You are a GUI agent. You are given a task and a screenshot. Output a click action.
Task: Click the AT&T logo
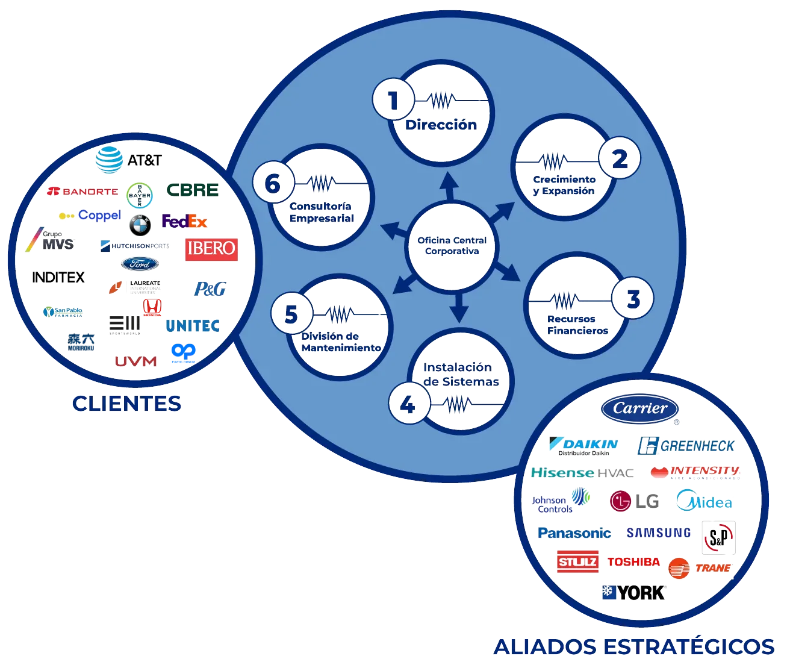click(x=128, y=160)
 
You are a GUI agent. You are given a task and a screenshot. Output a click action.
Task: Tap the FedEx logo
click(x=184, y=222)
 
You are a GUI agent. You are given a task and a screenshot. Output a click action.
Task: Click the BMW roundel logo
click(x=140, y=225)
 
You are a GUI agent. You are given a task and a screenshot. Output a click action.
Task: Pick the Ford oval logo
click(x=140, y=264)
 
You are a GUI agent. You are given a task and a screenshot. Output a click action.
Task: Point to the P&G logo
click(x=210, y=289)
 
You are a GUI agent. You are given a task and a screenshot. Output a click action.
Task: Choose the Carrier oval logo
click(x=640, y=409)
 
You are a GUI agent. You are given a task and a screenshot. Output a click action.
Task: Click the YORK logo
click(x=633, y=592)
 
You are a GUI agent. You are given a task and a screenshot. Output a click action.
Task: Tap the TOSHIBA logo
click(x=633, y=562)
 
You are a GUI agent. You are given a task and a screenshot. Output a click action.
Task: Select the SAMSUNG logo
click(x=659, y=532)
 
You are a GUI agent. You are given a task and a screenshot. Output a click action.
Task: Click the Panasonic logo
click(x=574, y=533)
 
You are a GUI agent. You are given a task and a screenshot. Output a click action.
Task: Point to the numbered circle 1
click(x=393, y=101)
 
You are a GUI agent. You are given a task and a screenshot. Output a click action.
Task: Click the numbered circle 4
click(x=408, y=404)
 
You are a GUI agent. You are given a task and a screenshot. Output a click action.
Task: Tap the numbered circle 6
click(x=273, y=184)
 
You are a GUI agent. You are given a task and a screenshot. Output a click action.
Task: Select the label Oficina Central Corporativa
click(x=452, y=246)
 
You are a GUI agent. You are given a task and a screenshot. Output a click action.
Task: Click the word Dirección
click(x=441, y=125)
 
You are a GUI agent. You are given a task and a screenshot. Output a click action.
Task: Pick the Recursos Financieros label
click(x=577, y=325)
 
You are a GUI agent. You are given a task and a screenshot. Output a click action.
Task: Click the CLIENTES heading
click(x=126, y=404)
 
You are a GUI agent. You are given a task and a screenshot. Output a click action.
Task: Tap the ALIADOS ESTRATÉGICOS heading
click(x=633, y=646)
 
